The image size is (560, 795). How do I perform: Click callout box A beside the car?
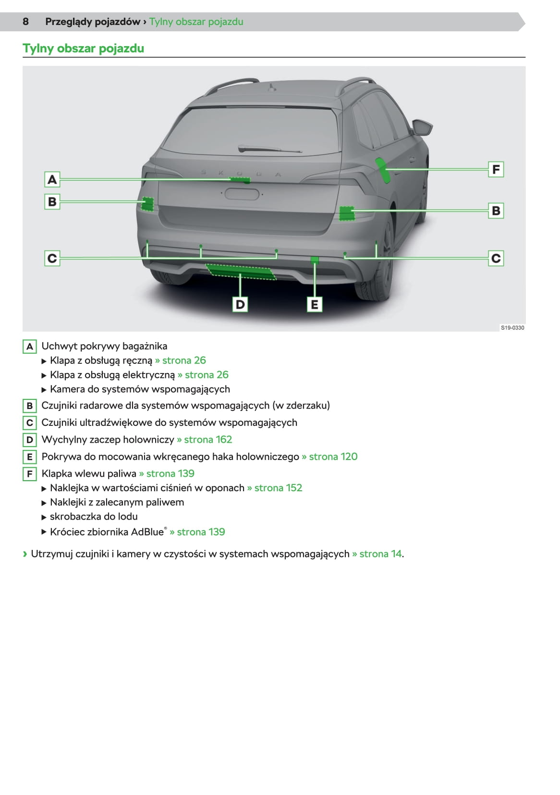pos(52,179)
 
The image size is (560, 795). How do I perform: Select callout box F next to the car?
pos(496,169)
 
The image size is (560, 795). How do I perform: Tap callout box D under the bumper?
pos(240,304)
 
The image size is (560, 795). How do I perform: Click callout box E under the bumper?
pos(315,304)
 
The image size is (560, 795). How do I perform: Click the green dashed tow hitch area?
pos(241,272)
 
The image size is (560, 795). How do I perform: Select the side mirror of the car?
pos(422,127)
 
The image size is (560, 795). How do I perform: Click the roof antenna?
pos(272,87)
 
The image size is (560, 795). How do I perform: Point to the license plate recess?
pos(242,194)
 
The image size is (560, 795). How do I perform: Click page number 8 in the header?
pos(25,22)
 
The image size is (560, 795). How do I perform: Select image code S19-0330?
pos(512,328)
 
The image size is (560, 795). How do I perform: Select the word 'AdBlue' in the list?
pos(147,532)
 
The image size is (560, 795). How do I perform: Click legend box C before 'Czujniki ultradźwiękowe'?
pos(29,422)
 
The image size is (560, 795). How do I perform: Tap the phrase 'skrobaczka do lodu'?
pos(94,516)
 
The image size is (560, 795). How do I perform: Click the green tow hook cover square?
pos(315,260)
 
